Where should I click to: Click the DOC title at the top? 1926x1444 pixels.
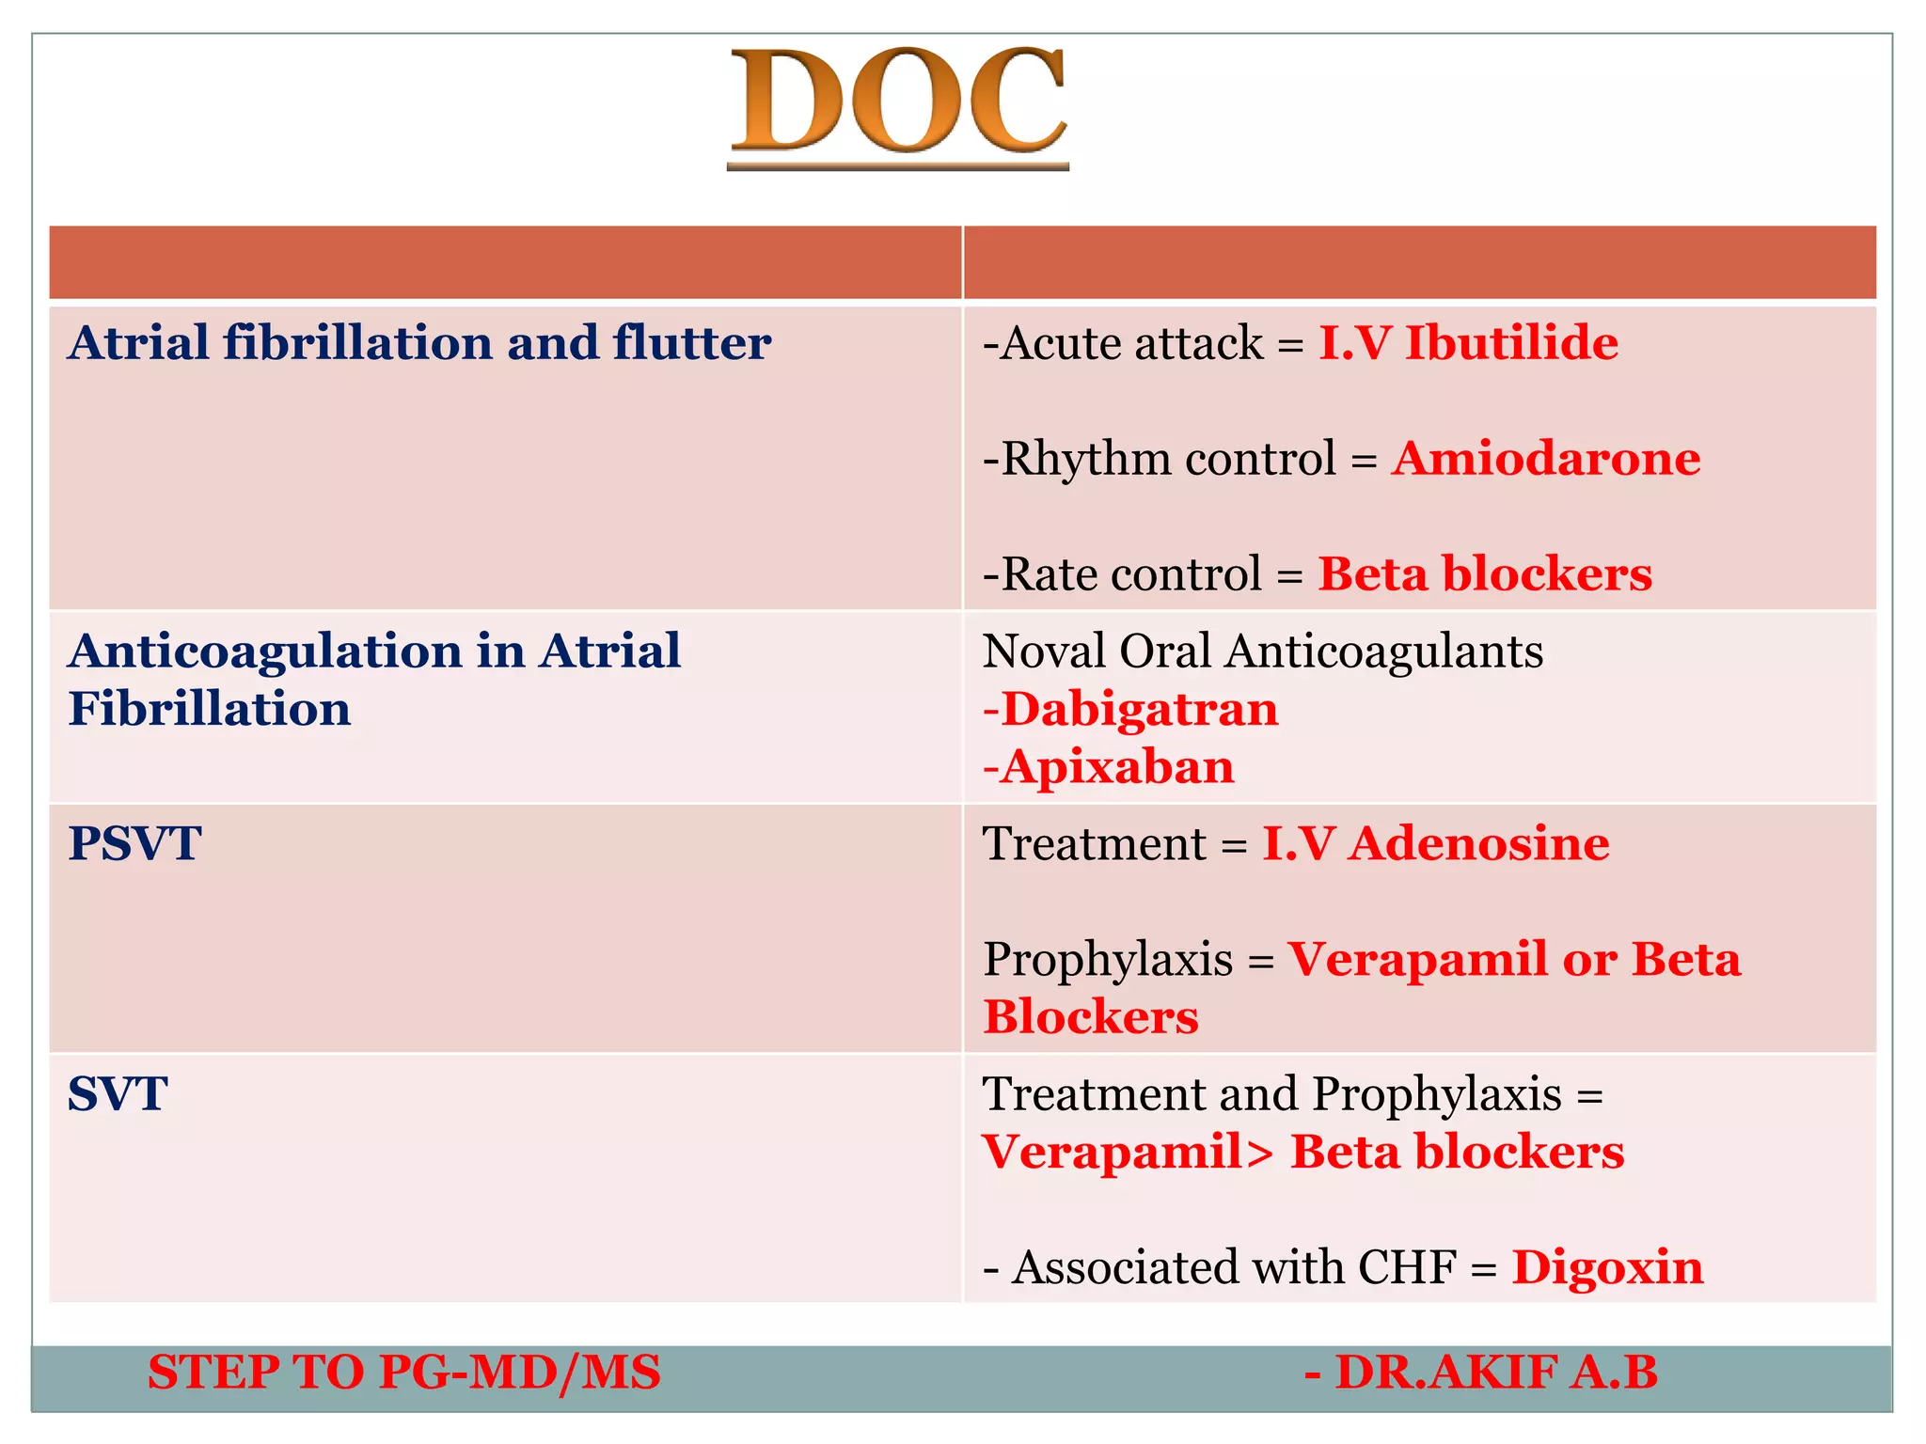pos(898,102)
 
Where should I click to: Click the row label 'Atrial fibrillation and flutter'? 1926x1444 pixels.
pos(419,342)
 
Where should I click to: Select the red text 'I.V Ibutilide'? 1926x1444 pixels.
pos(1468,342)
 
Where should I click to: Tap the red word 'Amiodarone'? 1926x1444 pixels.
pos(1546,459)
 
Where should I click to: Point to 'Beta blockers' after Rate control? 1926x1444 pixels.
pos(1485,574)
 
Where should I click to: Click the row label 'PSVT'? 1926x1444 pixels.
pos(134,843)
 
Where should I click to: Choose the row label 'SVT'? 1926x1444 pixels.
pos(118,1094)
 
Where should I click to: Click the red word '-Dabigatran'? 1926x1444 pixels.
pos(1130,709)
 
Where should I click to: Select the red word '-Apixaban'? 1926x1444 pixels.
pos(1108,767)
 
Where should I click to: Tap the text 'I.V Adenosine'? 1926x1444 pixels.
pos(1435,843)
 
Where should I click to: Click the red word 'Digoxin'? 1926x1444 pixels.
pos(1607,1267)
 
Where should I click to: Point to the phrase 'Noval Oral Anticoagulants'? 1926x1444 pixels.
pos(1262,651)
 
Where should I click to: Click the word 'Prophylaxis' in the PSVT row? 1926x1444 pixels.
pos(1108,960)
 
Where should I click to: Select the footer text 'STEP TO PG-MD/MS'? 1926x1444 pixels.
pos(404,1373)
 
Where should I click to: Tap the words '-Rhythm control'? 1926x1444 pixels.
pos(1159,459)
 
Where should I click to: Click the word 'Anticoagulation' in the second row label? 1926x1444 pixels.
pos(264,651)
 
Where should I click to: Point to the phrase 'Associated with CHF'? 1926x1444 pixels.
pos(1234,1267)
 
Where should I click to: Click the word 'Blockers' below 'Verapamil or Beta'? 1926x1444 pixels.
pos(1091,1017)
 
